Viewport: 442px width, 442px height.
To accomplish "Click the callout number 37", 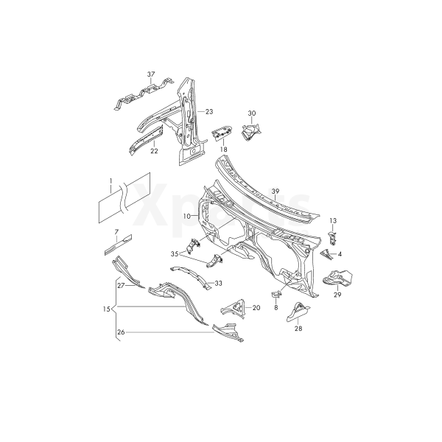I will pyautogui.click(x=151, y=74).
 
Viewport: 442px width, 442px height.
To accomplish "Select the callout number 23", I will pyautogui.click(x=208, y=111).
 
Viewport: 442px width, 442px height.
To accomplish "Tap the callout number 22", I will pyautogui.click(x=154, y=151).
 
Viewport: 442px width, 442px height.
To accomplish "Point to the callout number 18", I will pyautogui.click(x=222, y=149).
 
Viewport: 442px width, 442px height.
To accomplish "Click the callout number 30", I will pyautogui.click(x=251, y=113).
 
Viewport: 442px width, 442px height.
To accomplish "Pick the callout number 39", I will pyautogui.click(x=275, y=192).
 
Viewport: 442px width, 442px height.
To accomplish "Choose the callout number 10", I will pyautogui.click(x=187, y=216).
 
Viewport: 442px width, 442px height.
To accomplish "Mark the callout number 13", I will pyautogui.click(x=333, y=221).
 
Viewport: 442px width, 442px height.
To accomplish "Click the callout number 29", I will pyautogui.click(x=337, y=295).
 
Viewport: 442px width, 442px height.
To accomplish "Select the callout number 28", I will pyautogui.click(x=298, y=329).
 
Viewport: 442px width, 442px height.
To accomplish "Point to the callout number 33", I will pyautogui.click(x=218, y=282).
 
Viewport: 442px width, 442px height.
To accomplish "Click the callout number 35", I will pyautogui.click(x=175, y=253).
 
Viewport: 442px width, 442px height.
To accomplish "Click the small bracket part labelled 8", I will pyautogui.click(x=276, y=295).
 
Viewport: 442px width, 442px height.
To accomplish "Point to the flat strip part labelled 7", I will pyautogui.click(x=119, y=243).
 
